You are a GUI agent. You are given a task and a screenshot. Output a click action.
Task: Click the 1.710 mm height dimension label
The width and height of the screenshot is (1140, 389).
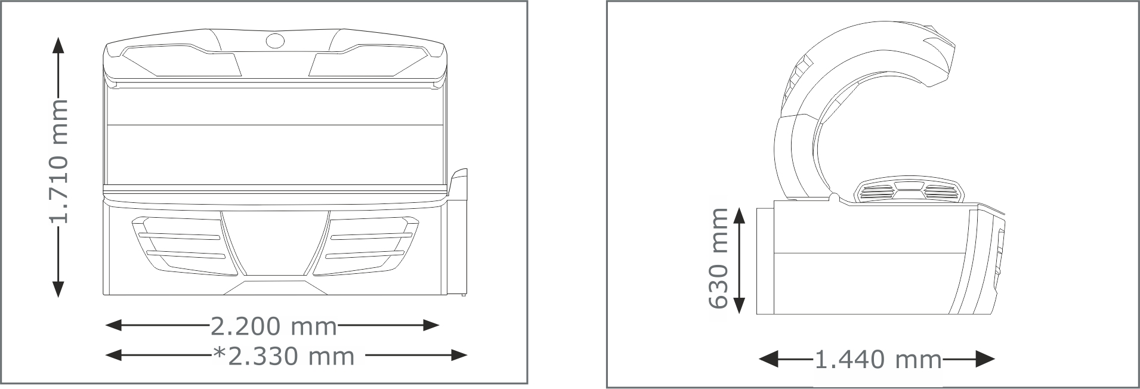click(x=58, y=162)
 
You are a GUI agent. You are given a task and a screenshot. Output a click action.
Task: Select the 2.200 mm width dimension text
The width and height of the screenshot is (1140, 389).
click(x=274, y=326)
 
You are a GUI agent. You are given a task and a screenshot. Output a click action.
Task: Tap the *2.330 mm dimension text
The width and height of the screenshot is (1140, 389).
click(x=284, y=356)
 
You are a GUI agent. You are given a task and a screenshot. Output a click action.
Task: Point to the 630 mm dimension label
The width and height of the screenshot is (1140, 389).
click(x=718, y=258)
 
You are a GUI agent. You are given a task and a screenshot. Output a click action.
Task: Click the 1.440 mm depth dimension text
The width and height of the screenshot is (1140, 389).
click(x=878, y=360)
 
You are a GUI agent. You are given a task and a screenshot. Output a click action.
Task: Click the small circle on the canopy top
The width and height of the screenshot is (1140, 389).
click(x=275, y=41)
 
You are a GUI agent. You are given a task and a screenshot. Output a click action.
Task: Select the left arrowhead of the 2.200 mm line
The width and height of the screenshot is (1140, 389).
click(x=113, y=325)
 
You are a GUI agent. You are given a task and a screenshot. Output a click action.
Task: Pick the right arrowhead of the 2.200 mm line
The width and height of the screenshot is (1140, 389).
click(x=431, y=325)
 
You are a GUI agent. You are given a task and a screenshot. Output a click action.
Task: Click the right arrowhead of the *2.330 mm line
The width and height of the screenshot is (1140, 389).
click(x=458, y=356)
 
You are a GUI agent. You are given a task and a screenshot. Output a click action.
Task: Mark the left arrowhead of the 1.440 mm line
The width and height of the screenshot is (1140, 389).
click(x=767, y=359)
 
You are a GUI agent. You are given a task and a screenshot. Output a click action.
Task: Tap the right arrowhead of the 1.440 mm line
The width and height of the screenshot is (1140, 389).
click(x=985, y=359)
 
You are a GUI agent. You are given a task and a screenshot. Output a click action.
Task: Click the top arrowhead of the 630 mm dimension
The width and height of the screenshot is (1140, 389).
click(x=739, y=216)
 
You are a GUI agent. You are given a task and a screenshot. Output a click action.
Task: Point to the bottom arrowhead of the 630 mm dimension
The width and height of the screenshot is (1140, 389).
click(x=739, y=305)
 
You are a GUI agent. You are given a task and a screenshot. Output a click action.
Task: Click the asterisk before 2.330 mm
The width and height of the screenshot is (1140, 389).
click(x=219, y=353)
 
